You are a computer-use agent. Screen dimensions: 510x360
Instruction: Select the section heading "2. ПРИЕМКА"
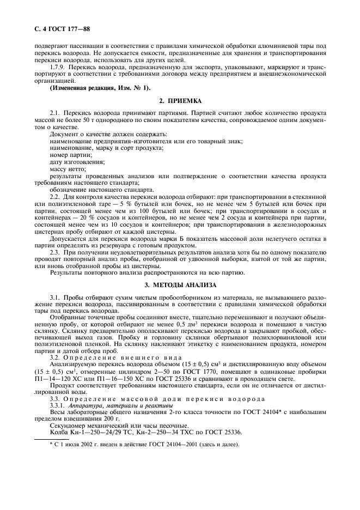coord(180,101)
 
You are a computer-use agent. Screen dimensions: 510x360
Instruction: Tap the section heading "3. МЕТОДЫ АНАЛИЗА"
coord(180,285)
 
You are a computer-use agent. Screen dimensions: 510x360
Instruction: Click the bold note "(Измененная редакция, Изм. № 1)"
coord(100,88)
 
